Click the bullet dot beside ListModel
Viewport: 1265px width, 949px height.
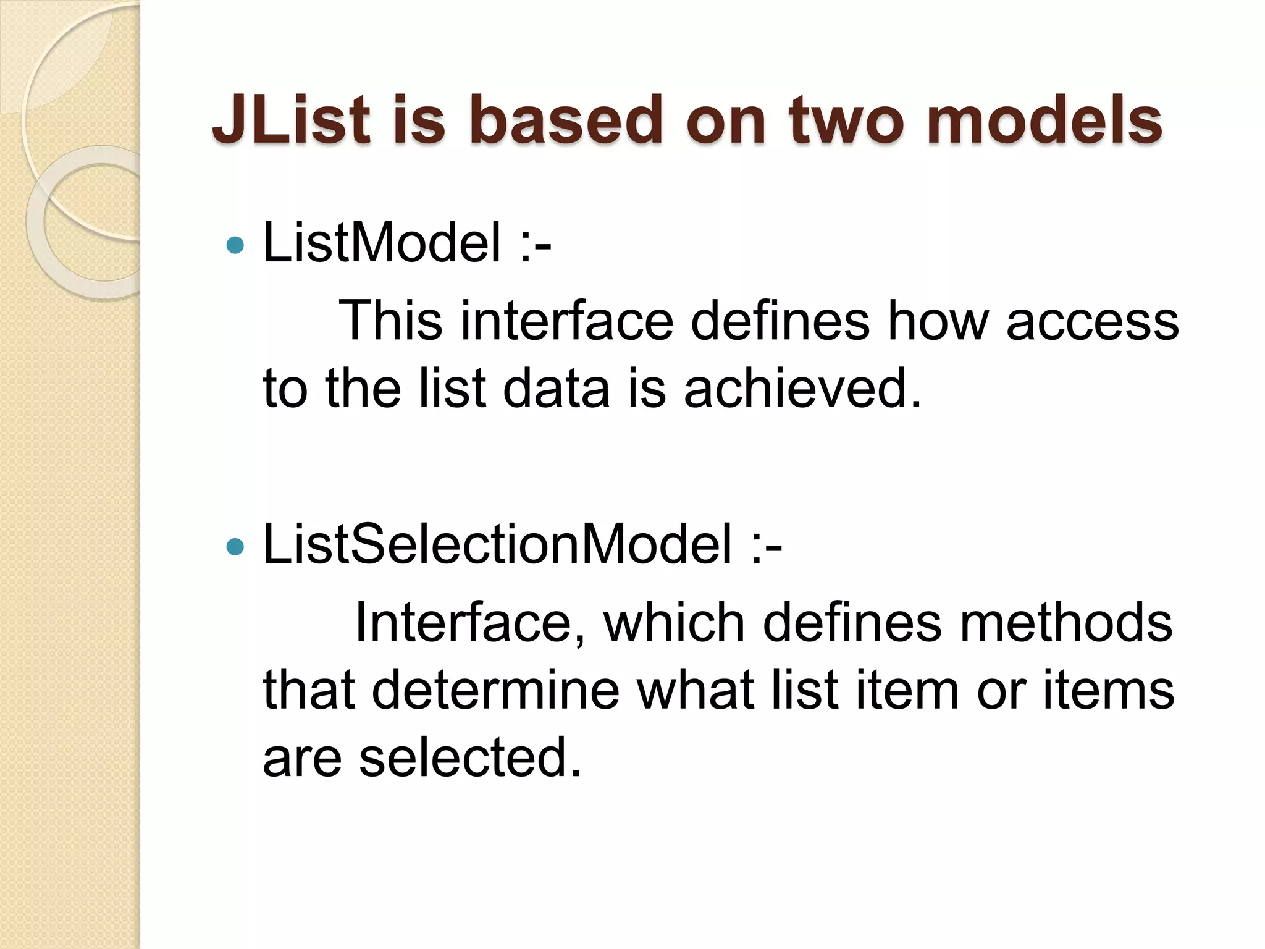click(235, 246)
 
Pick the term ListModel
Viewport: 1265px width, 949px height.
click(382, 243)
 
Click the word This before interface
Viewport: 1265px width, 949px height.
click(390, 321)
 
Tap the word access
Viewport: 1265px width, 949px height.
click(1092, 321)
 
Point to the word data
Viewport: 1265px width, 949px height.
click(556, 389)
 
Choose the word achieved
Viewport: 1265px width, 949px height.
click(802, 389)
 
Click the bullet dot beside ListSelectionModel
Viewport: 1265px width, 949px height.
click(235, 547)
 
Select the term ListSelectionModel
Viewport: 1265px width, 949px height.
click(497, 544)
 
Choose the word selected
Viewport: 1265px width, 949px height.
click(470, 758)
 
